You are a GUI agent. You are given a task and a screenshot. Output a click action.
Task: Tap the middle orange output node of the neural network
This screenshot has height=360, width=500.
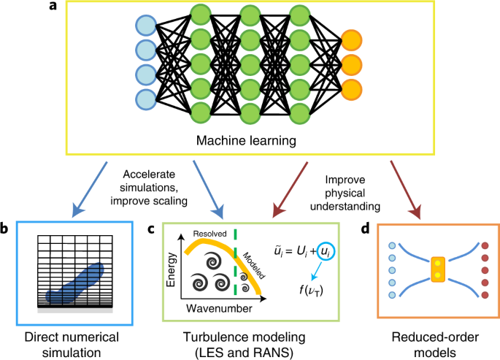click(351, 64)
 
